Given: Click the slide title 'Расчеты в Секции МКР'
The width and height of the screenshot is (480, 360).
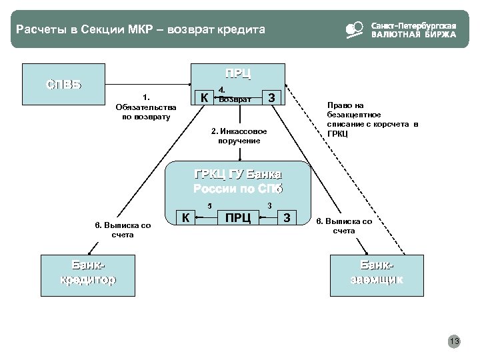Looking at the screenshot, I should pyautogui.click(x=140, y=29).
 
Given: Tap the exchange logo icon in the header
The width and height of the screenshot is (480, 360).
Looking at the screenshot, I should pyautogui.click(x=353, y=29).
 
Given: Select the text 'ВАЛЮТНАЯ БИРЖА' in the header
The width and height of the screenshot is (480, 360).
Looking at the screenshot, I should pyautogui.click(x=413, y=35).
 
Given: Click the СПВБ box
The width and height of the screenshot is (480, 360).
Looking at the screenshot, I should pyautogui.click(x=64, y=84).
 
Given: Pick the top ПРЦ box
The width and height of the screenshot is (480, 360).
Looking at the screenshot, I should pyautogui.click(x=237, y=74).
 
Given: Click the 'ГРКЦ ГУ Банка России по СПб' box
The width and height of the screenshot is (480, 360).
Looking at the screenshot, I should pyautogui.click(x=238, y=181).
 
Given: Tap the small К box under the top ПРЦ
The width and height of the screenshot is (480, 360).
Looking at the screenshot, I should pyautogui.click(x=203, y=98).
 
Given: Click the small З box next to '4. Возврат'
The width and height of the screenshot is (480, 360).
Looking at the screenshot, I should pyautogui.click(x=271, y=98).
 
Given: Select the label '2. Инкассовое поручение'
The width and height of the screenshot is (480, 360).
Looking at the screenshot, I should pyautogui.click(x=238, y=135).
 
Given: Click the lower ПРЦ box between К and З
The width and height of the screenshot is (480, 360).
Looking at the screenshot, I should pyautogui.click(x=238, y=217).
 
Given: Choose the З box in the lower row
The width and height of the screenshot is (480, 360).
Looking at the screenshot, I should pyautogui.click(x=287, y=217).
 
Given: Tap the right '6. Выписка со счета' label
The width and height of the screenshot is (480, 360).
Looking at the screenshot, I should pyautogui.click(x=344, y=226).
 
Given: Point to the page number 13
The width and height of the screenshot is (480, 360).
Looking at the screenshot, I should pyautogui.click(x=455, y=342).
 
